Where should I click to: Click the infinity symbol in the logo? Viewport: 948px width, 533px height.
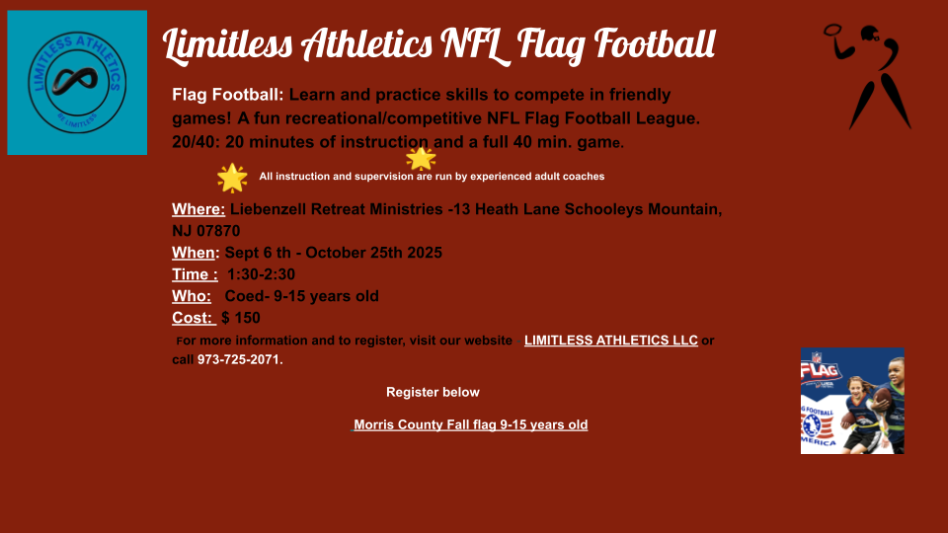75,81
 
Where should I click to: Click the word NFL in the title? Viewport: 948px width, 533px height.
476,44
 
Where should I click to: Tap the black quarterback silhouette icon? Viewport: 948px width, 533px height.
868,77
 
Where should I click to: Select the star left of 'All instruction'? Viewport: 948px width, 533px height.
232,179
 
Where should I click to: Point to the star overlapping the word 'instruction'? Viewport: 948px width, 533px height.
421,159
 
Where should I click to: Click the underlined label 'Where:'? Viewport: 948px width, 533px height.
198,209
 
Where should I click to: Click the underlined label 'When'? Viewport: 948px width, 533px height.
194,253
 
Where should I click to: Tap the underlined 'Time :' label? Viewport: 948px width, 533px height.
195,274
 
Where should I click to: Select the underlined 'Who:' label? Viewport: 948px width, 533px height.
192,296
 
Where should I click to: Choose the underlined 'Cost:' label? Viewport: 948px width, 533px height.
194,318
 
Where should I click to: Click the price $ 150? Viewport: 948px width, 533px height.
241,318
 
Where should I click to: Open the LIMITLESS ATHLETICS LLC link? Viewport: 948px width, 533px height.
610,341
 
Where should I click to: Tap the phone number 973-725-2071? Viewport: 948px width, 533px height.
238,359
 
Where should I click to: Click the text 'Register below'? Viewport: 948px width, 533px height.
433,392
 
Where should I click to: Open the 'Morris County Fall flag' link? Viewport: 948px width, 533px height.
470,424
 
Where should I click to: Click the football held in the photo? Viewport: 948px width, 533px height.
883,398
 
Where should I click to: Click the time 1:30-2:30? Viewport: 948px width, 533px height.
261,274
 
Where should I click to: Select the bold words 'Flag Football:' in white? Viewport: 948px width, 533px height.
227,95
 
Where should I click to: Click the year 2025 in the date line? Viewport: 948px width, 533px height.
425,253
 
